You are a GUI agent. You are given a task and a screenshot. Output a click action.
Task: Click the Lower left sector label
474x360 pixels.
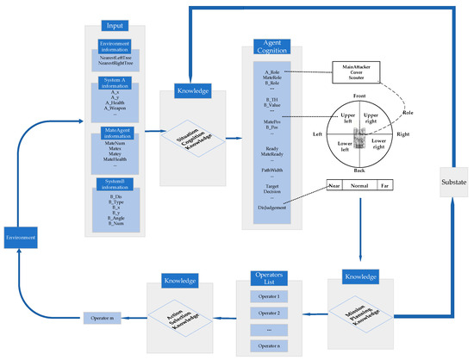tap(343, 147)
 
